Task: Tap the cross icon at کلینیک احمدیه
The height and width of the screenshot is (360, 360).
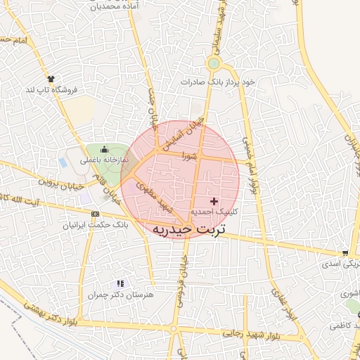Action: (x=214, y=202)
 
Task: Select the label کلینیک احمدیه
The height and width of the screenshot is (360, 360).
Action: (x=214, y=212)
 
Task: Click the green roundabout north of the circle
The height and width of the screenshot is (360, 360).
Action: (x=213, y=64)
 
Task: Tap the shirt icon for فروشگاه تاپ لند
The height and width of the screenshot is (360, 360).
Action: (x=51, y=79)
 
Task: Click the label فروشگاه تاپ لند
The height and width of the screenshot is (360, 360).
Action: (x=51, y=90)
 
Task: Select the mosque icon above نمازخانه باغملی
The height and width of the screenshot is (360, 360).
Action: (x=105, y=148)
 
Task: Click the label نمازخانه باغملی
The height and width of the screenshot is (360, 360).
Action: (x=104, y=160)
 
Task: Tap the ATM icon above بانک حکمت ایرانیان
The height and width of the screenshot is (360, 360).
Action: (x=95, y=214)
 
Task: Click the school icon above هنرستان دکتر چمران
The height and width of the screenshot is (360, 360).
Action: (x=120, y=283)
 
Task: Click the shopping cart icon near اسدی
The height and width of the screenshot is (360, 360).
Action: (x=345, y=253)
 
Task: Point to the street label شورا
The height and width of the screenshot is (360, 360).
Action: (x=188, y=156)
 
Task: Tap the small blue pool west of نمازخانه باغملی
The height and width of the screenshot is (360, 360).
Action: (x=63, y=162)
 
